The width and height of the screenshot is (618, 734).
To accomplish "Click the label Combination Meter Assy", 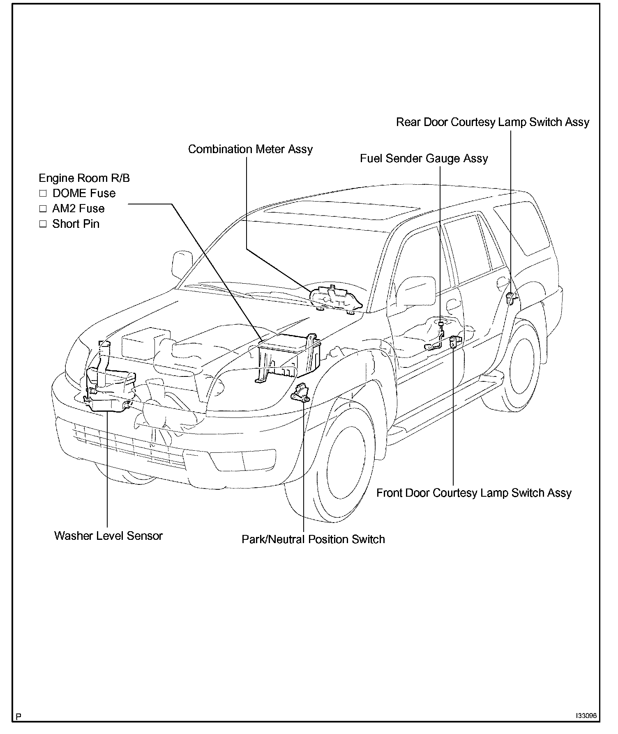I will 250,149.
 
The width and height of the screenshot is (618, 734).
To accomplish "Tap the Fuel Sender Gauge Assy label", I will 424,158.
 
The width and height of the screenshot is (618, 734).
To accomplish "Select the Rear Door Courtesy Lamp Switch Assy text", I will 492,122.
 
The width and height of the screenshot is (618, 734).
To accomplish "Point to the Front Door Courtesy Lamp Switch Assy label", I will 474,493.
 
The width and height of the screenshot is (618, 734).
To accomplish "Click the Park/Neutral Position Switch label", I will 313,539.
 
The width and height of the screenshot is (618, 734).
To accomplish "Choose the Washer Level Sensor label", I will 108,536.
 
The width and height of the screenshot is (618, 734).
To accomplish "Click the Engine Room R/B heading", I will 84,178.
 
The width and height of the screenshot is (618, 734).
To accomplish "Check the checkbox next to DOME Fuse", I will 43,193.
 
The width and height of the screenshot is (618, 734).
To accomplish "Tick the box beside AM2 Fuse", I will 43,209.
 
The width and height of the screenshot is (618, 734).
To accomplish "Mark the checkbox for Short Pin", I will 43,224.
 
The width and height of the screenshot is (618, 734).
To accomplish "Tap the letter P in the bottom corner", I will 18,717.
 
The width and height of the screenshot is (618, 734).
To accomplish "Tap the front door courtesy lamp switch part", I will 455,341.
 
